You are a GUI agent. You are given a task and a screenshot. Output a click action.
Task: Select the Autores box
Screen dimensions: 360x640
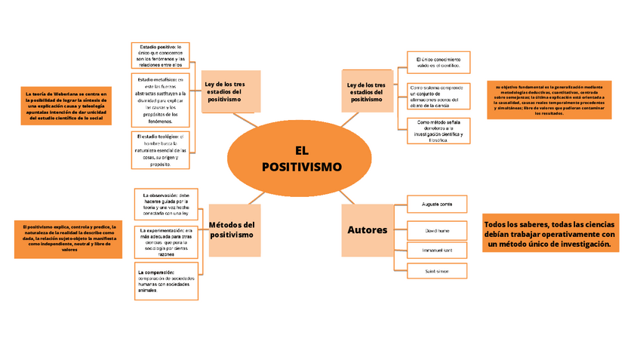[368, 229]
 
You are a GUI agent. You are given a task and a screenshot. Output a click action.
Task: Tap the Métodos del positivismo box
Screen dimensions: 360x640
[232, 229]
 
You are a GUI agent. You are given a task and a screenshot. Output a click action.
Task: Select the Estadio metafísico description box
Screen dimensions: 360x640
[160, 100]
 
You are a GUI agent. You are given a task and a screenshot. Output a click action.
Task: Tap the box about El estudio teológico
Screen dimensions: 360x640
[160, 149]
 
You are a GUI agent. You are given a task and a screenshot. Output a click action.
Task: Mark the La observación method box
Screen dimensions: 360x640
[166, 204]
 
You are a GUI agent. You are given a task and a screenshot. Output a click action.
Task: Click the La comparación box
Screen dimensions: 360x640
[166, 282]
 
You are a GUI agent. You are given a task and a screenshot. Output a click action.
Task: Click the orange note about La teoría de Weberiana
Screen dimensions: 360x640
[66, 106]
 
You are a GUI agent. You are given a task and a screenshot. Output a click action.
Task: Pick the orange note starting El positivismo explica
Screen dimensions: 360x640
[69, 238]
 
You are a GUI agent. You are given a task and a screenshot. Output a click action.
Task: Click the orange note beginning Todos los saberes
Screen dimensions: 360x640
[550, 235]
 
